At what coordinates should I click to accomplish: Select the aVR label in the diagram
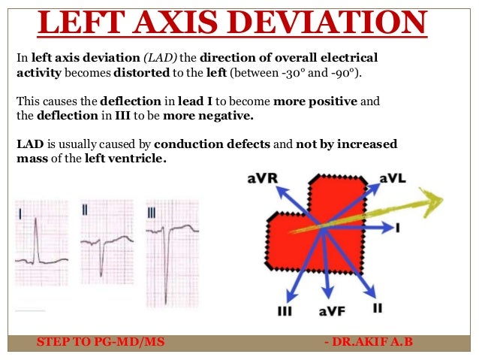(263, 178)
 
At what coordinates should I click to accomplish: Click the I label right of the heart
(396, 226)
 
